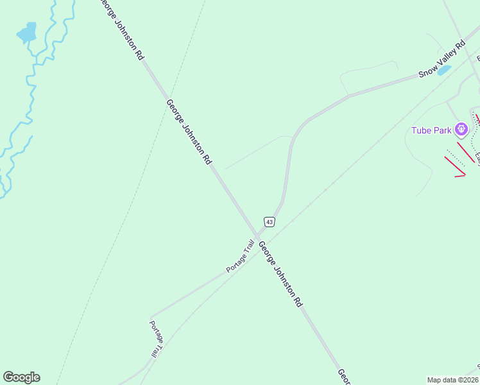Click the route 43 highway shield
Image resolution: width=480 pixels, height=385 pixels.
click(269, 222)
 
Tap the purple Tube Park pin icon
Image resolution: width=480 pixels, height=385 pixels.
click(461, 130)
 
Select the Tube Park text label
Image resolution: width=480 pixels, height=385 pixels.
click(432, 131)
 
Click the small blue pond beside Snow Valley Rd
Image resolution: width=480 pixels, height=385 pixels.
click(444, 70)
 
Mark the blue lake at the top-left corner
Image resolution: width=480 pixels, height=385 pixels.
click(27, 33)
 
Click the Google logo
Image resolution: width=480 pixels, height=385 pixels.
click(21, 377)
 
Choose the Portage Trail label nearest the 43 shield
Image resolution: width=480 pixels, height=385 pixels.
click(240, 255)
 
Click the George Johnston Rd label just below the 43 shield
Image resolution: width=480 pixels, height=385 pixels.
click(280, 273)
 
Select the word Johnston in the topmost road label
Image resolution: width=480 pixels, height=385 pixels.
click(126, 30)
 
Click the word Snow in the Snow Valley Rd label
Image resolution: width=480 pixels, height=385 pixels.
click(427, 69)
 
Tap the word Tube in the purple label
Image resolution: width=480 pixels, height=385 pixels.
click(422, 131)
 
